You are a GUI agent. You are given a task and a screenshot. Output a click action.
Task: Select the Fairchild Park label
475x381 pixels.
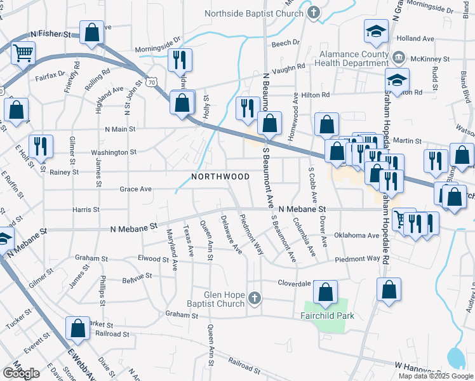(327, 315)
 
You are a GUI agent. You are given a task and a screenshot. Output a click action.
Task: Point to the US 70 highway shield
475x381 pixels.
(150, 83)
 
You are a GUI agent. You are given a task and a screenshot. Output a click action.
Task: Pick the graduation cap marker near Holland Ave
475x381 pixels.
(376, 30)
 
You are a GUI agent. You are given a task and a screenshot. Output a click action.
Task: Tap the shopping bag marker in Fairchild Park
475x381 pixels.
(326, 293)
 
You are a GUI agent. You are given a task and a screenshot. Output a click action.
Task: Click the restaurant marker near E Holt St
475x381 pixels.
(41, 146)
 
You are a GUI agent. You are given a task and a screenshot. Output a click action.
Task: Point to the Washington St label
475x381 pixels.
(114, 152)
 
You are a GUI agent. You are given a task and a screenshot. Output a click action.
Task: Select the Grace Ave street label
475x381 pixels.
(136, 189)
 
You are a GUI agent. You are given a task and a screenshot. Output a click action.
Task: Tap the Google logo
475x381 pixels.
(21, 373)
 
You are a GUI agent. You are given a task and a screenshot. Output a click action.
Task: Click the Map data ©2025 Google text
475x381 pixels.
(435, 376)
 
